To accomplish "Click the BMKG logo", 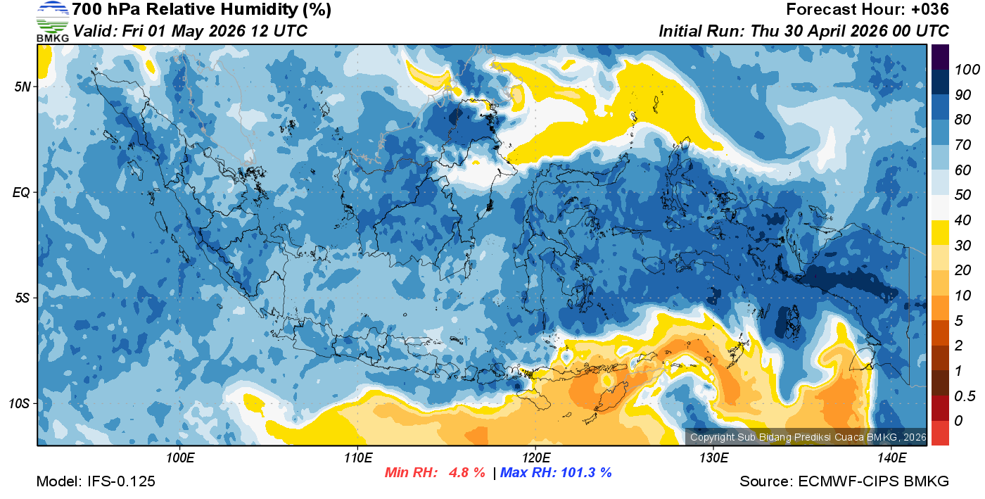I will [x=52, y=21].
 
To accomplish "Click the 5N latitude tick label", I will [x=23, y=87].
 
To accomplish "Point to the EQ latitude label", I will [x=23, y=192].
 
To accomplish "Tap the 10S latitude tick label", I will [x=20, y=403].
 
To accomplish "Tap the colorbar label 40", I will [x=962, y=220].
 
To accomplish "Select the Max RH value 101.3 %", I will [x=583, y=472].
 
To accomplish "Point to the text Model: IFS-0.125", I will [x=96, y=481].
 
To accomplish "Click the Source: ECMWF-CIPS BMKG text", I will [x=844, y=481].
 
